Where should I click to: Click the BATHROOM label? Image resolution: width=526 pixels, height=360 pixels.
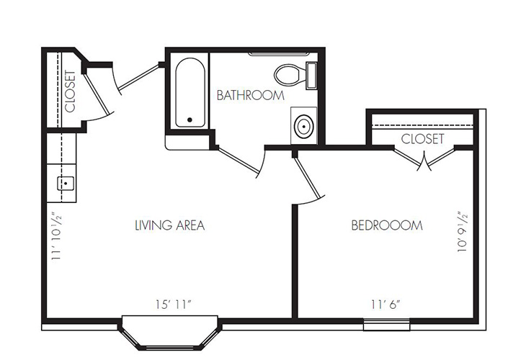click(250, 95)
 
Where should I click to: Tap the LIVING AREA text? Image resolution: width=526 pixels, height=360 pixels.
click(170, 225)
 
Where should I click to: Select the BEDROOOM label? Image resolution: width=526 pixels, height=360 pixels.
click(386, 225)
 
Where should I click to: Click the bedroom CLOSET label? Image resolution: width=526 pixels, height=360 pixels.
click(422, 138)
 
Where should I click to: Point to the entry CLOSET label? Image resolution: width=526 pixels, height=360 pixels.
click(70, 90)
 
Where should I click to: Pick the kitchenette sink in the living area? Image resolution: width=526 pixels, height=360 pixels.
click(66, 183)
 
